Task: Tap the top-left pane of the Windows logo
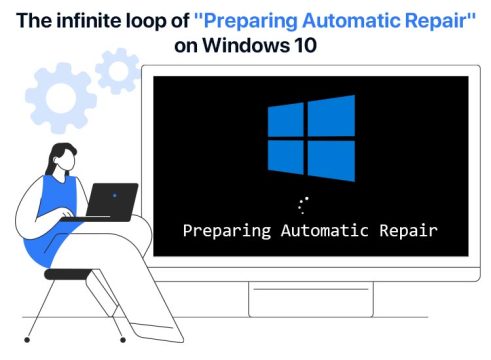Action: [285, 121]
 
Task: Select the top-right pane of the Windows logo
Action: [331, 117]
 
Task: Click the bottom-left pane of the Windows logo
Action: [285, 157]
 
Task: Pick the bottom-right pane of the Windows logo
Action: [331, 160]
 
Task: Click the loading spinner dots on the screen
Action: [305, 205]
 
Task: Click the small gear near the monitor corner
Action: [119, 72]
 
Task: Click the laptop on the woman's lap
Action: [110, 200]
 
